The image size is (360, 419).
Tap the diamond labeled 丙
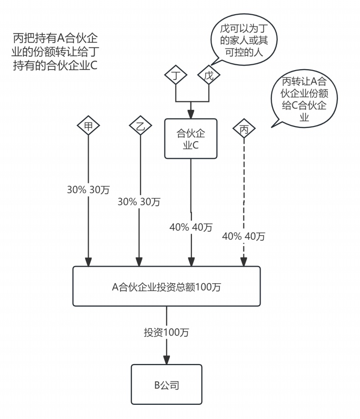(244, 129)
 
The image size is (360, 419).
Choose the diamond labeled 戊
(209, 75)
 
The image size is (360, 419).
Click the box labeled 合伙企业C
(191, 139)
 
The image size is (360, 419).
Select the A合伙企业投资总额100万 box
(167, 287)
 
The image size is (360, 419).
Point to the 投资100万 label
(167, 332)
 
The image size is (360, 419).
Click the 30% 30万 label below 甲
(88, 189)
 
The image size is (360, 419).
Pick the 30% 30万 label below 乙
(139, 201)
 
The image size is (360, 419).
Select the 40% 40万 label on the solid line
(191, 227)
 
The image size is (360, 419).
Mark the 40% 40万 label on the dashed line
(243, 237)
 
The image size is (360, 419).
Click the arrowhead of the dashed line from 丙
(244, 261)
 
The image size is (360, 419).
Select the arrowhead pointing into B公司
(167, 359)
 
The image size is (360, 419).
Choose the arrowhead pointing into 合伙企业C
(191, 114)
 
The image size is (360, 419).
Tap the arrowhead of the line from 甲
(88, 261)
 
